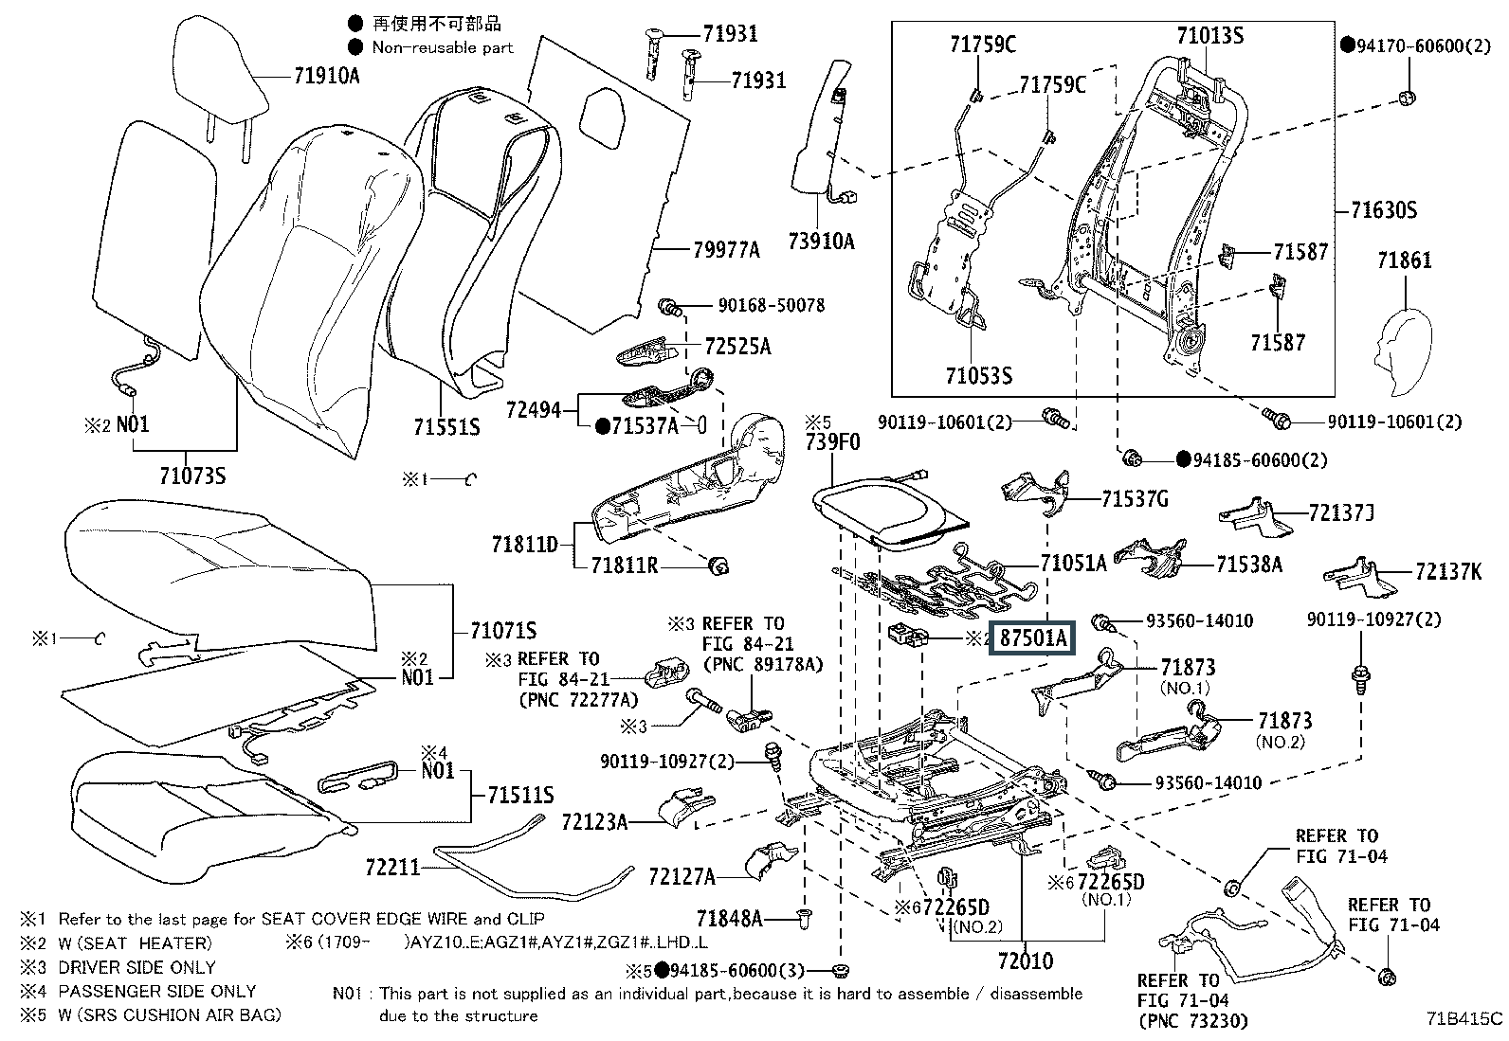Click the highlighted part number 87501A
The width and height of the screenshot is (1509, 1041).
pos(1030,638)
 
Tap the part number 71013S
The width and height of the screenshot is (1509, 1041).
pos(1209,36)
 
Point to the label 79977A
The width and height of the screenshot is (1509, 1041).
pos(726,250)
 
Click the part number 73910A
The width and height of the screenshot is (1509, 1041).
pos(820,242)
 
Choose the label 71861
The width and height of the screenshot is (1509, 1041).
pos(1404,260)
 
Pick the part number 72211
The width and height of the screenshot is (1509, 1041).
pos(392,866)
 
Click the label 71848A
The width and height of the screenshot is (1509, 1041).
pos(729,918)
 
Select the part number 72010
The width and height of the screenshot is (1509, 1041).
pos(1026,961)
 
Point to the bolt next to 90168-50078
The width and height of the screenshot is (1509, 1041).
pos(670,306)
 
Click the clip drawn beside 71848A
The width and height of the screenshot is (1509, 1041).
pos(805,917)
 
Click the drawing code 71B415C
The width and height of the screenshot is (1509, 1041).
pos(1464,1019)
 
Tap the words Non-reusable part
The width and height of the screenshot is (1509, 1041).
pos(442,47)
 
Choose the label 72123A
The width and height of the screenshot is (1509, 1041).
pos(594,821)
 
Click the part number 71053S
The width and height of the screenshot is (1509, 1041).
pos(978,376)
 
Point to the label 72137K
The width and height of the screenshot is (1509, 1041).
pos(1447,571)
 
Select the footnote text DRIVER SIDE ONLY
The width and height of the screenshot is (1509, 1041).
pos(136,967)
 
